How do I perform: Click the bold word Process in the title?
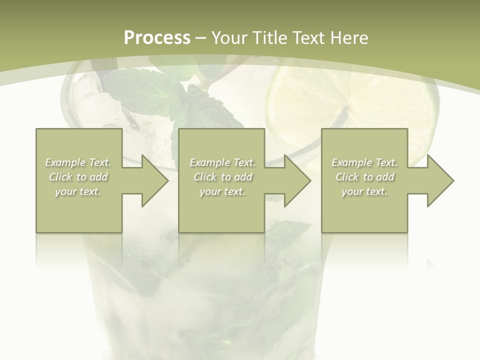(157, 38)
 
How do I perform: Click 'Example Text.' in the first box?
(78, 162)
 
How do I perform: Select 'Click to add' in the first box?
(78, 177)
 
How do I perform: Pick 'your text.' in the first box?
(78, 191)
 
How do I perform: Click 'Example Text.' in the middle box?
(222, 162)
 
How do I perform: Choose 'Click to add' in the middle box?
(222, 177)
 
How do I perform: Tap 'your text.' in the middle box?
(222, 191)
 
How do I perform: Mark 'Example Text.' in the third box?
(364, 162)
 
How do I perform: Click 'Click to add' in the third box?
(364, 177)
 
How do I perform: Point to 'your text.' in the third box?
(364, 191)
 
